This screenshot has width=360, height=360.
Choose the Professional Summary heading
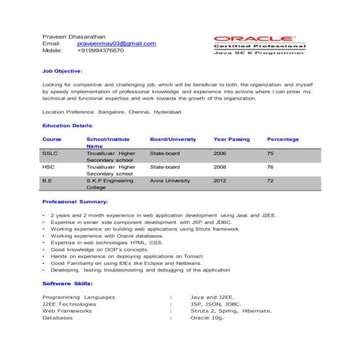click(75, 201)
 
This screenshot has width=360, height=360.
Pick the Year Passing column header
click(231, 139)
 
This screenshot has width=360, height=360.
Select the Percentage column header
click(283, 139)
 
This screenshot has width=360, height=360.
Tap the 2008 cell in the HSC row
click(220, 167)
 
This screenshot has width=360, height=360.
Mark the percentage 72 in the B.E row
click(270, 180)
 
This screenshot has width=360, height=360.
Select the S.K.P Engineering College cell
click(110, 184)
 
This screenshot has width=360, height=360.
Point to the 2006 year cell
click(220, 154)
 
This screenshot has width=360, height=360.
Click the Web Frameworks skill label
click(67, 311)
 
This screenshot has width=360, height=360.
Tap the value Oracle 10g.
click(207, 318)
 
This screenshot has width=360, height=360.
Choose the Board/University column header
click(173, 139)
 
